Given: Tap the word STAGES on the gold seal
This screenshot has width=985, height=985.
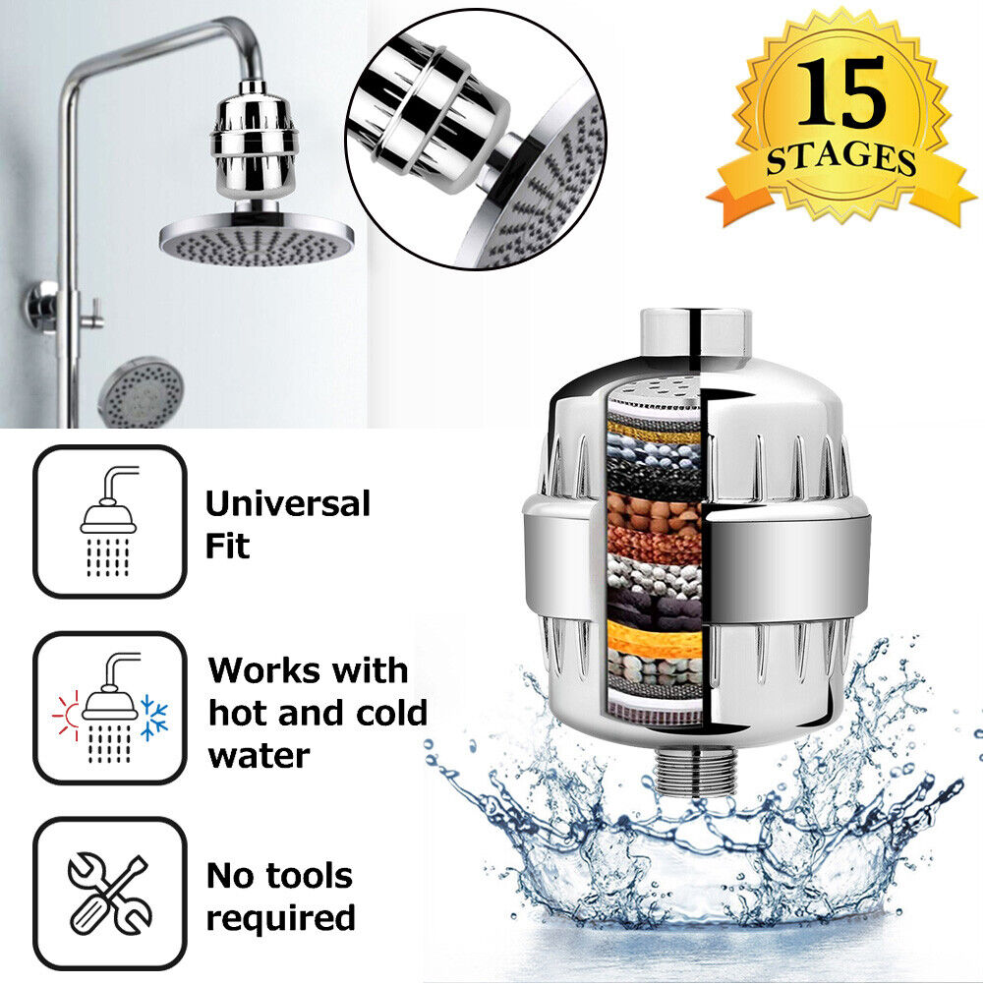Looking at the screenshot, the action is (x=841, y=158).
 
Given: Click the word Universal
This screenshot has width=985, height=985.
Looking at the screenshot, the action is (x=288, y=504).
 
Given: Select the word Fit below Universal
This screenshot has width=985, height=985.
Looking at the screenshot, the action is (x=227, y=546).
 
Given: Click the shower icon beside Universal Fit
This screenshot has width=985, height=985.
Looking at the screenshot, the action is (x=109, y=521).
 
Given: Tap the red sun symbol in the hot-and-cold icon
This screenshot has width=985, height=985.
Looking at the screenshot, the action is (x=67, y=715).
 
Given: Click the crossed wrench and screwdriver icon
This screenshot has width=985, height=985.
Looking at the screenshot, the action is (x=109, y=893).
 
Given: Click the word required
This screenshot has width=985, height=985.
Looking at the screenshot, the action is (x=281, y=918).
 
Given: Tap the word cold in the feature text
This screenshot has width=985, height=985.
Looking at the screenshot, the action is (x=391, y=713).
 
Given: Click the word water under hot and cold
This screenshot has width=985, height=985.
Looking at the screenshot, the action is (x=259, y=755).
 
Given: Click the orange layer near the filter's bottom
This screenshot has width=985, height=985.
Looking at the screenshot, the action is (x=654, y=637).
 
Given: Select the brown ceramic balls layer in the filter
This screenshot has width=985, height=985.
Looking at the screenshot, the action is (x=654, y=509).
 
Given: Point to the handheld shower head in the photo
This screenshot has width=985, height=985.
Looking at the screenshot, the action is (x=141, y=391).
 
